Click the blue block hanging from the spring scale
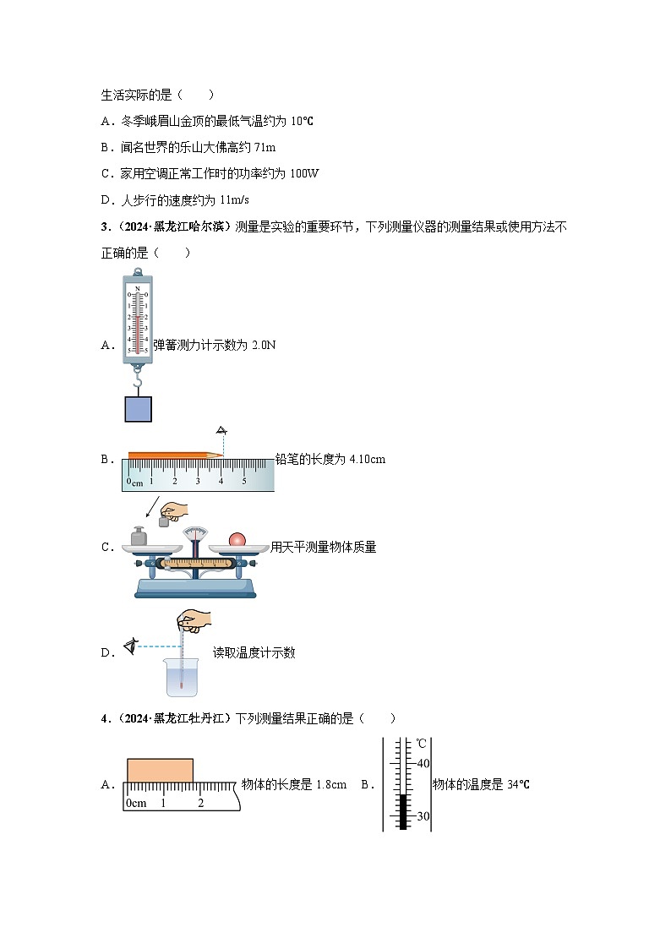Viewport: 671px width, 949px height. tap(138, 408)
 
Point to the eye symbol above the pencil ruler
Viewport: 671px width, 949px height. tap(222, 430)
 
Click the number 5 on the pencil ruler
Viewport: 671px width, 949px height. tap(244, 481)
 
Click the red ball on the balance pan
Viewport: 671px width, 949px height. tap(237, 539)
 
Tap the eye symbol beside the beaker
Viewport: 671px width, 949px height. tap(130, 647)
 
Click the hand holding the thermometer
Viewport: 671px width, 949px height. tap(194, 621)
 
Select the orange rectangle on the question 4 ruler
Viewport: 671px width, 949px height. tap(160, 771)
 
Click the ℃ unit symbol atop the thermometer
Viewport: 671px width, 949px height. tap(422, 744)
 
